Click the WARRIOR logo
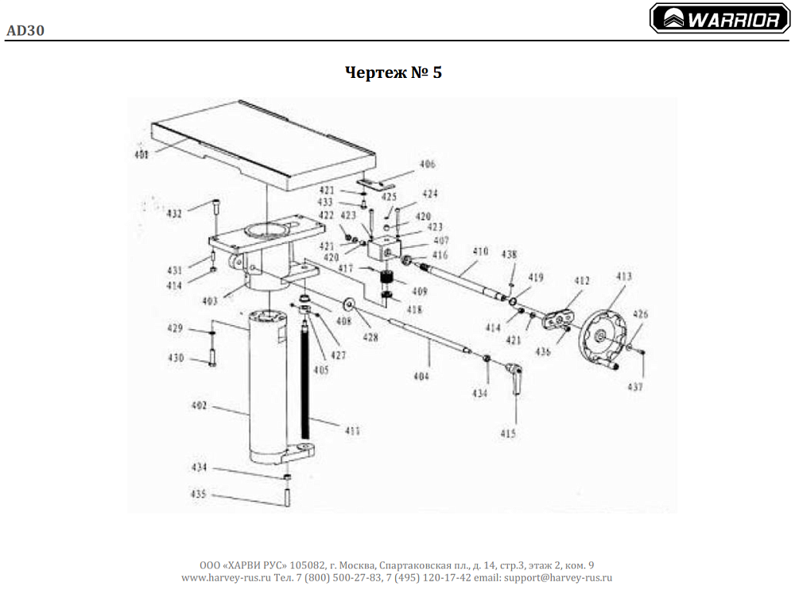point(719,19)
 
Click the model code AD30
point(25,31)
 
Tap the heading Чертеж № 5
point(394,72)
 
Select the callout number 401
point(141,154)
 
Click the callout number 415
point(508,433)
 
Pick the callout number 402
point(200,406)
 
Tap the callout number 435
point(199,494)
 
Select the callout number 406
point(427,165)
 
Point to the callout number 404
point(421,375)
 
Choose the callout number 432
point(174,213)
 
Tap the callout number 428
point(370,338)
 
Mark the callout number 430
point(176,358)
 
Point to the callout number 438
point(509,254)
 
